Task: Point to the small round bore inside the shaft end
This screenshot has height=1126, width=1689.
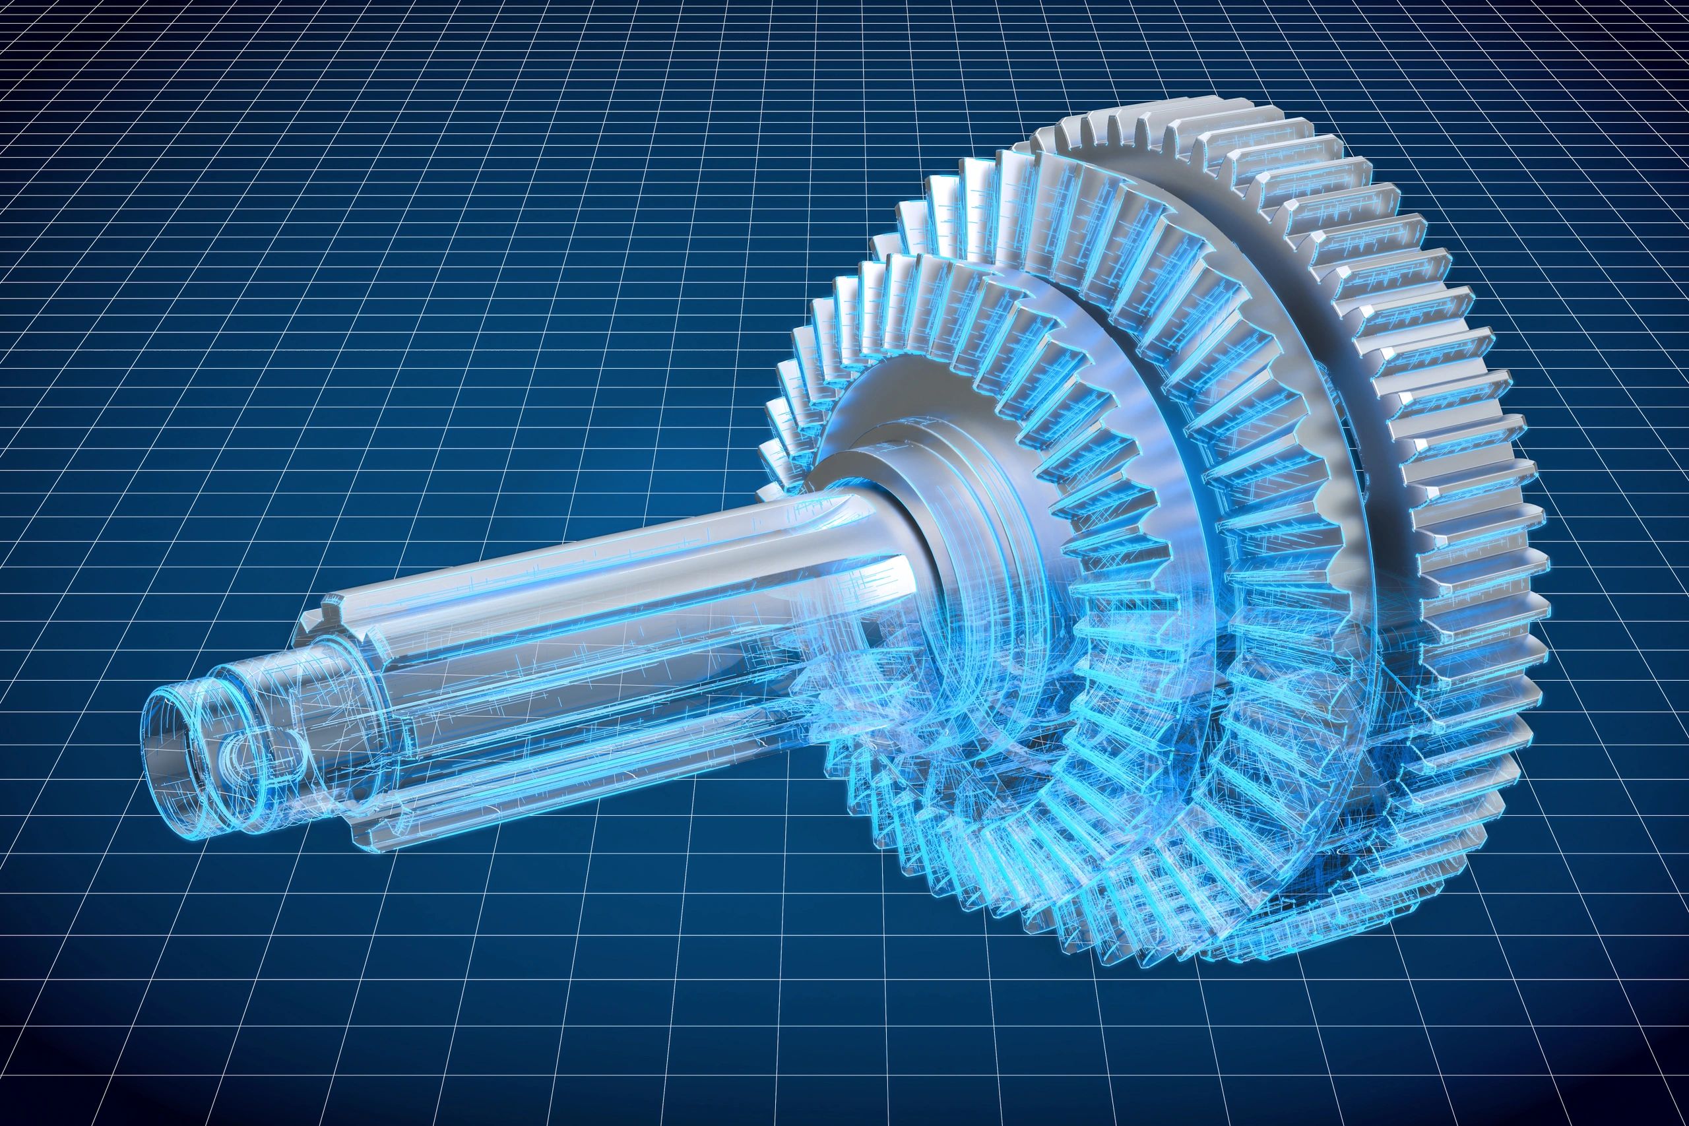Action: tap(237, 754)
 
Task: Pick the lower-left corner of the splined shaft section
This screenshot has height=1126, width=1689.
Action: tap(359, 836)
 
